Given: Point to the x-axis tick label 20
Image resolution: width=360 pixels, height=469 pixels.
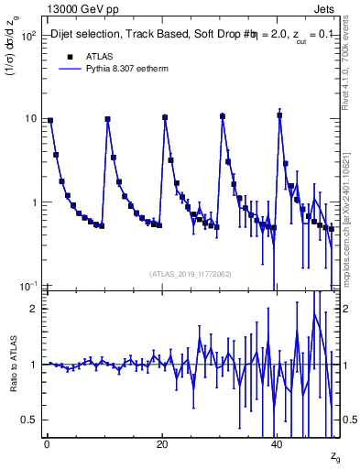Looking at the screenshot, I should pos(162,444).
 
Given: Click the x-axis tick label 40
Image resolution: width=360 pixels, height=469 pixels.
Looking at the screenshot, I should pos(278,444).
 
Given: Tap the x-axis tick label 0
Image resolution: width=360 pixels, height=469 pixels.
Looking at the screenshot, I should pos(47,444).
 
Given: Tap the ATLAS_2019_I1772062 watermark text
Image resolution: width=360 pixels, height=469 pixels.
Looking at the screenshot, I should pos(191,273).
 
